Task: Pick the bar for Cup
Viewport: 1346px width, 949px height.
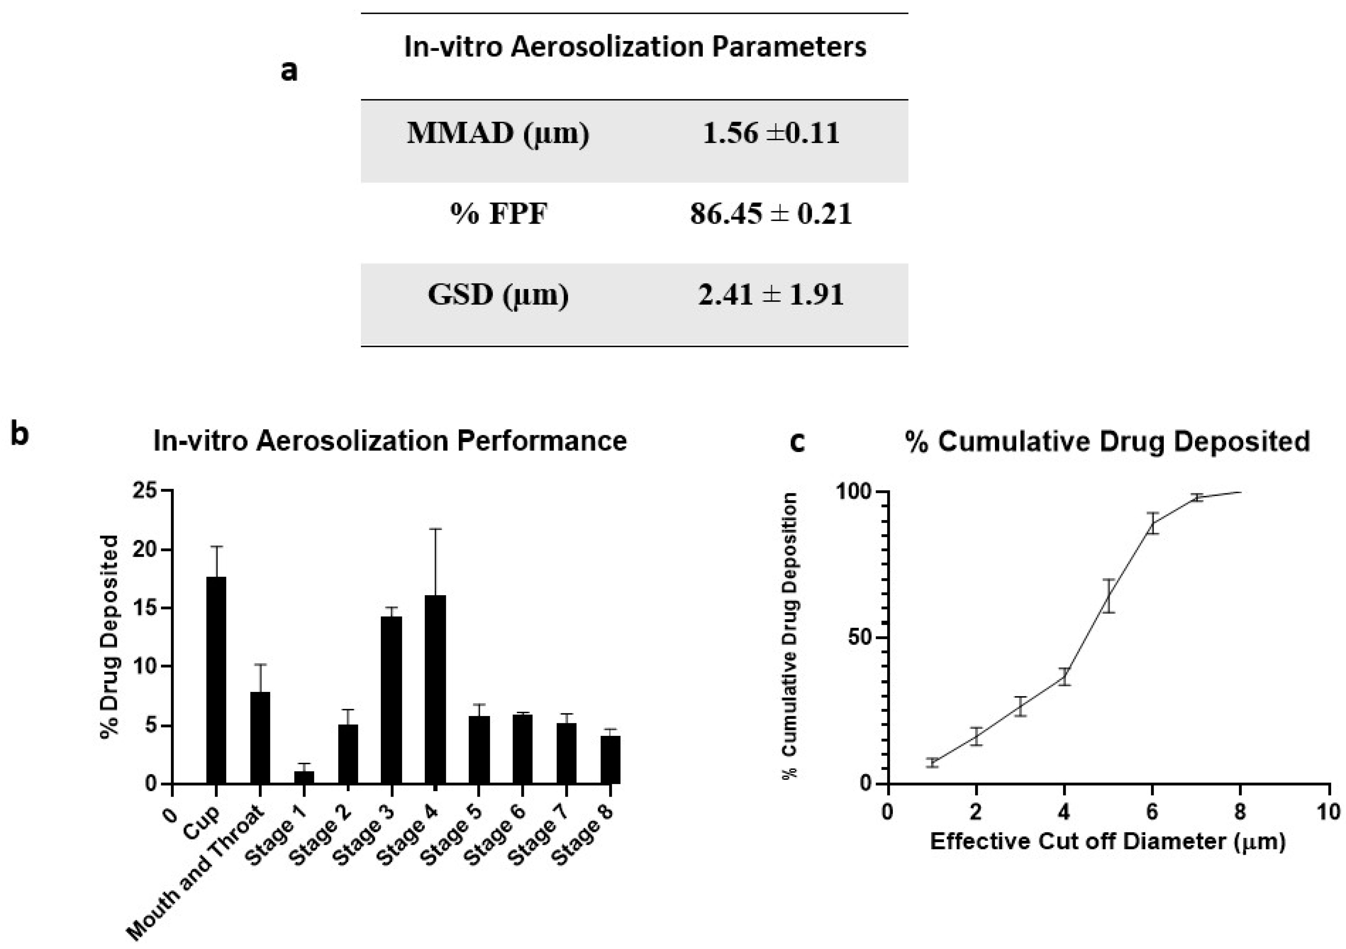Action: [216, 680]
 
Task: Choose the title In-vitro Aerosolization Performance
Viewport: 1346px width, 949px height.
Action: [390, 441]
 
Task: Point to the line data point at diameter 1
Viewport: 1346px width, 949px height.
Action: [932, 762]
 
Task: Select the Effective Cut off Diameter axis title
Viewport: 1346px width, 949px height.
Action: [1108, 842]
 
